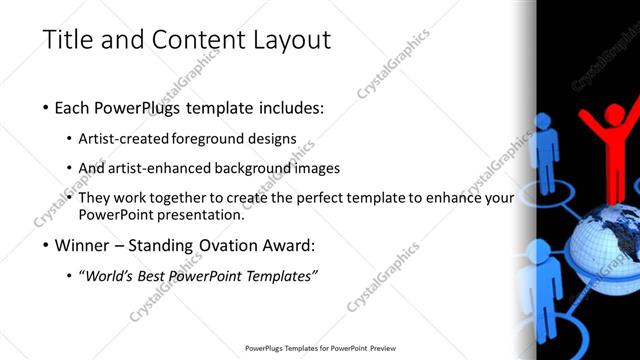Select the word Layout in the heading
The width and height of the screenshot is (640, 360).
[x=292, y=40]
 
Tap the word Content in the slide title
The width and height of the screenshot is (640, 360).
[x=194, y=40]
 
